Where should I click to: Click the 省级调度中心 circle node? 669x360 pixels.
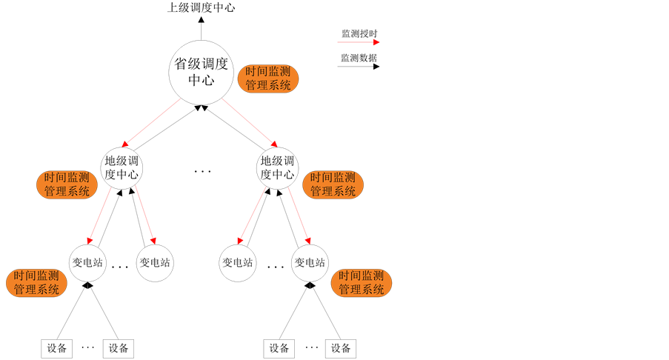[200, 71]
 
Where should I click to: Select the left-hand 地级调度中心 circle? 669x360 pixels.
[122, 168]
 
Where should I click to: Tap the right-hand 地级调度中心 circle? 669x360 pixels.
[277, 168]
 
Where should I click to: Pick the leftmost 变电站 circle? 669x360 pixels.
[87, 262]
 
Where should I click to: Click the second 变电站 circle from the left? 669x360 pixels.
[155, 262]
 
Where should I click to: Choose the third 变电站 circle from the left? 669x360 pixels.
[238, 262]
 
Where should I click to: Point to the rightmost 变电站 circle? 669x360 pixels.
[310, 262]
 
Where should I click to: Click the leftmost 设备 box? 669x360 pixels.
[56, 348]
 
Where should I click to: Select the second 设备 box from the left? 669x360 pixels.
[119, 348]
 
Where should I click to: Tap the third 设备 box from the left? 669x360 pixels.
[279, 348]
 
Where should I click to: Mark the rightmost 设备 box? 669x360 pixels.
[341, 348]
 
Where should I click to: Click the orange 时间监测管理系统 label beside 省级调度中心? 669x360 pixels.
[268, 79]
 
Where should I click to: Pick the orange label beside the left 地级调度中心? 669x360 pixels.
[67, 184]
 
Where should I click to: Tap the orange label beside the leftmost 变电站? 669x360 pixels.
[36, 283]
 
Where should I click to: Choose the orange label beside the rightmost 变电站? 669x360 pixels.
[362, 283]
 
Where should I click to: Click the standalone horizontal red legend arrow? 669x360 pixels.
[359, 42]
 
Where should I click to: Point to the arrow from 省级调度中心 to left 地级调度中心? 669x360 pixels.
[151, 122]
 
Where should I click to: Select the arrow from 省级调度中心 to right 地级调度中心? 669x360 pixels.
[250, 122]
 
